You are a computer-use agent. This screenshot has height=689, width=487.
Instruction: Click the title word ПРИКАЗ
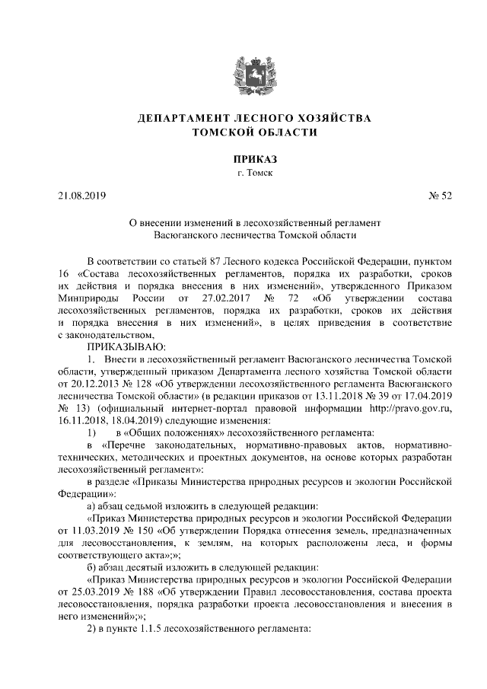(243, 159)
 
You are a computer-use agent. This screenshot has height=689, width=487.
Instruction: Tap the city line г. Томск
(243, 174)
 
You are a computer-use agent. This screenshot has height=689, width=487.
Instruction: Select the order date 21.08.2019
(82, 196)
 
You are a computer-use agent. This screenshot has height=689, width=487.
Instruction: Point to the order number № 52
(417, 196)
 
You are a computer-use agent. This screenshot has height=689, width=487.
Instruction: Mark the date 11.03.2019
(92, 528)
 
